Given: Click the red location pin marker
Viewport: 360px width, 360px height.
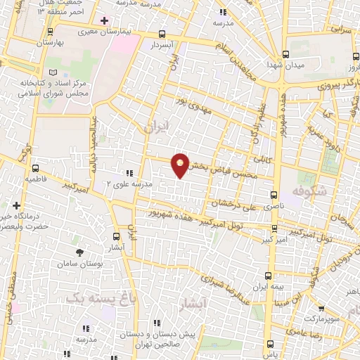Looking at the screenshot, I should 181,165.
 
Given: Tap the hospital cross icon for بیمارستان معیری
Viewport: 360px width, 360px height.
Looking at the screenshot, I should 104,20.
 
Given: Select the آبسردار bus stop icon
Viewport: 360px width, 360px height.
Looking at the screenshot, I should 162,34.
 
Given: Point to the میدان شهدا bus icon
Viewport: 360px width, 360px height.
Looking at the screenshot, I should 285,54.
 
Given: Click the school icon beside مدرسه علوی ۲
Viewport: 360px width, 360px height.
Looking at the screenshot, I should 128,172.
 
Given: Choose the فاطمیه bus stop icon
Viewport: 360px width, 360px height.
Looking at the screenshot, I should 35,167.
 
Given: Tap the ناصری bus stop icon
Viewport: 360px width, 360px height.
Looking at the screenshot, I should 274,195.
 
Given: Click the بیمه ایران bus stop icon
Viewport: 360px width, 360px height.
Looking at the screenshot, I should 267,275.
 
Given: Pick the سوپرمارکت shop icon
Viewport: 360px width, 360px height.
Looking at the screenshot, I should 321,307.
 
